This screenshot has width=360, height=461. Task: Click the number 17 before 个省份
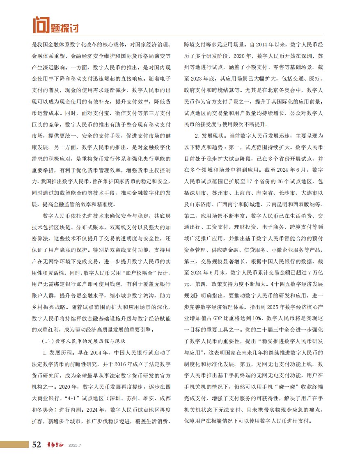[x=253, y=181]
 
